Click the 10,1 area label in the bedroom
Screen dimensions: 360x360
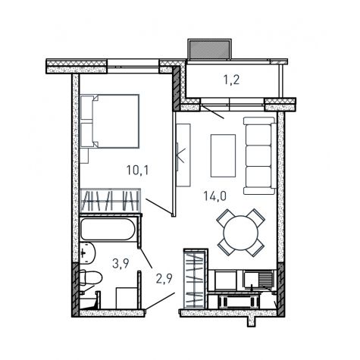138,171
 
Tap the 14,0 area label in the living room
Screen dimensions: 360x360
215,196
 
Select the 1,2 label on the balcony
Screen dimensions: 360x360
231,80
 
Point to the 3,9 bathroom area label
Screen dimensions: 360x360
121,264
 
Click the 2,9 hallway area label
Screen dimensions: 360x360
164,279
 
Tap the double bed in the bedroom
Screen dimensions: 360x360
110,121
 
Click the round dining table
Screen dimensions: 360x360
241,233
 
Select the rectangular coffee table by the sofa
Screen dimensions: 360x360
223,155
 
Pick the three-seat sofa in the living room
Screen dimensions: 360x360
260,155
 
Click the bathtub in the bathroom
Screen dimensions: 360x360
108,229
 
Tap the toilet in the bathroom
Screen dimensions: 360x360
90,278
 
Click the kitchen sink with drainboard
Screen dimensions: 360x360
258,279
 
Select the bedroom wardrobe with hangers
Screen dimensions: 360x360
110,201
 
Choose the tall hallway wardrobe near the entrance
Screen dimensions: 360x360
196,279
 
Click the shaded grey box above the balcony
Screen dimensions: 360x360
209,49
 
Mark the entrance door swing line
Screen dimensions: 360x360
160,301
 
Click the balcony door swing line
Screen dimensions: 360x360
212,112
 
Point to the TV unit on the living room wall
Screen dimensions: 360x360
183,155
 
